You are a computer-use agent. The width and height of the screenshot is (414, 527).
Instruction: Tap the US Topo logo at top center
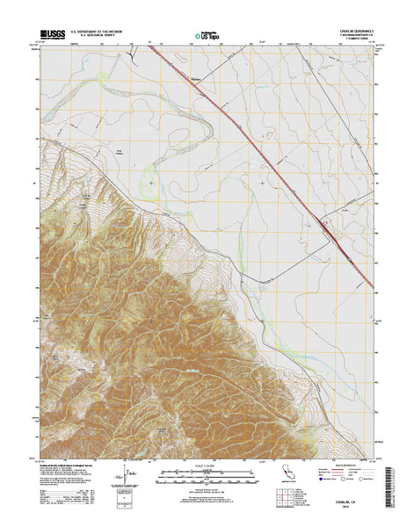[207, 36]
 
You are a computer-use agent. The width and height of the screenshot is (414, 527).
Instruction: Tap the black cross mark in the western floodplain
[151, 183]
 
